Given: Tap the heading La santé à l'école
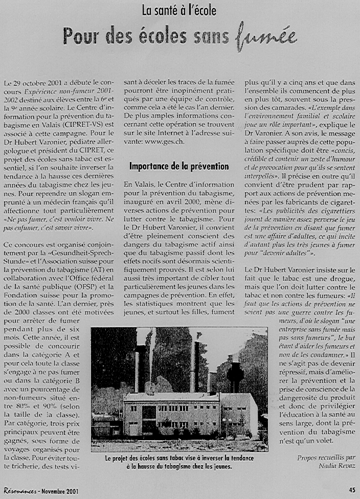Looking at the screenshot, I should (x=179, y=10).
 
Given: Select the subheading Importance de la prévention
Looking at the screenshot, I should (x=179, y=166).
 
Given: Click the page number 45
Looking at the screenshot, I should (x=352, y=489).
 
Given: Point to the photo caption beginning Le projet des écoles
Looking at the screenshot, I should (x=179, y=462).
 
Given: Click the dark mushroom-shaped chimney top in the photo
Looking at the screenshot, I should (x=235, y=369).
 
